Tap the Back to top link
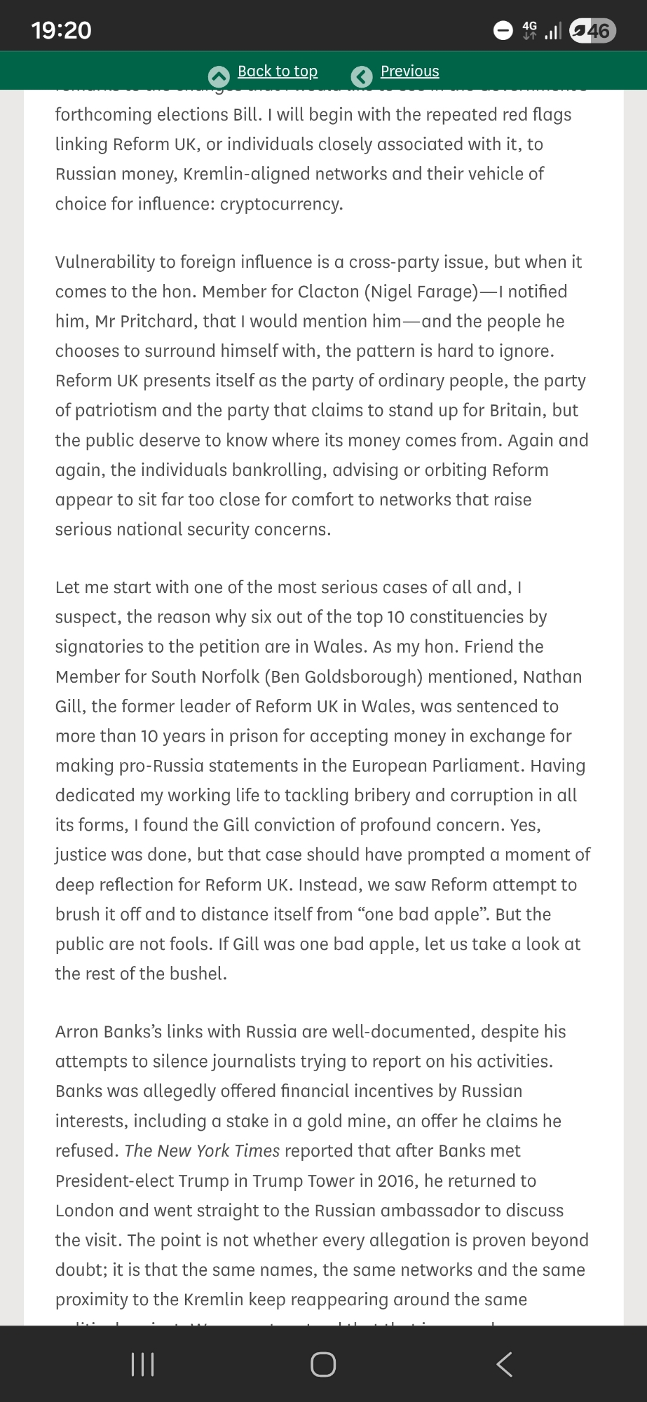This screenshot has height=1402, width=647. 278,72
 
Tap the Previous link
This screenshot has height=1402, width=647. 409,72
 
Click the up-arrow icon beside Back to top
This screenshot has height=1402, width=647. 219,76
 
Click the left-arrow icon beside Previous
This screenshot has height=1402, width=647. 362,76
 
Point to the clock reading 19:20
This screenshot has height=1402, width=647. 62,30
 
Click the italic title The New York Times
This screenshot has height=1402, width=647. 202,1151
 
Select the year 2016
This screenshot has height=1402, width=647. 396,1180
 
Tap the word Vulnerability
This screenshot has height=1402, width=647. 104,262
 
